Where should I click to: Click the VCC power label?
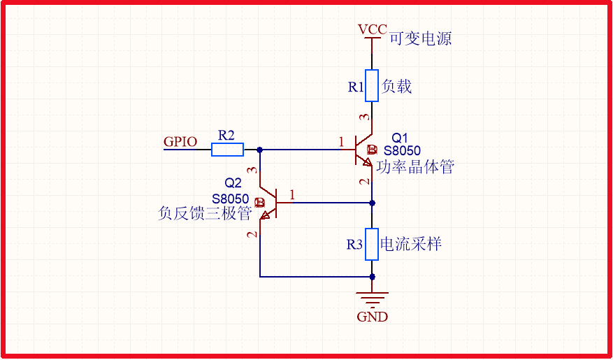pyautogui.click(x=372, y=29)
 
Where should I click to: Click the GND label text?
pyautogui.click(x=372, y=317)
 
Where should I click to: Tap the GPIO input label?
pyautogui.click(x=180, y=141)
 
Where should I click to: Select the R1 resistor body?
pyautogui.click(x=372, y=85)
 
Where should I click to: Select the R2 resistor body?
pyautogui.click(x=228, y=149)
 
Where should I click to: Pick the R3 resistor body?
pyautogui.click(x=372, y=244)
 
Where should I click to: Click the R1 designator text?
pyautogui.click(x=356, y=87)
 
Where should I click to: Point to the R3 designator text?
pyautogui.click(x=355, y=245)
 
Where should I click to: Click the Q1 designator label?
pyautogui.click(x=400, y=137)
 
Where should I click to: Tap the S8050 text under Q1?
pyautogui.click(x=403, y=150)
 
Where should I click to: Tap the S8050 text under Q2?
pyautogui.click(x=231, y=199)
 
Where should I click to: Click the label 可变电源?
pyautogui.click(x=420, y=38)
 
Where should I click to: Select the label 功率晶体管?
pyautogui.click(x=415, y=167)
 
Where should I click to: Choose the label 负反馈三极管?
pyautogui.click(x=205, y=213)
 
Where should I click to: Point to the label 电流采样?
pyautogui.click(x=410, y=244)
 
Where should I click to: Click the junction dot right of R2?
pyautogui.click(x=260, y=149)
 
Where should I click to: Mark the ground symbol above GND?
pyautogui.click(x=372, y=298)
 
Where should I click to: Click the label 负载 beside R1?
pyautogui.click(x=396, y=86)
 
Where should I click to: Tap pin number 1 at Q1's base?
pyautogui.click(x=341, y=143)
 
